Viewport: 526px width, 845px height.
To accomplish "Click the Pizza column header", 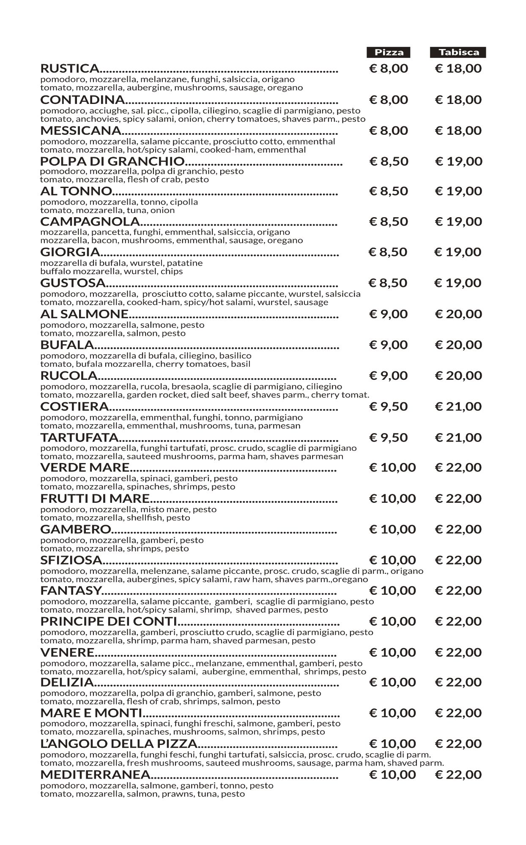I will click(389, 52).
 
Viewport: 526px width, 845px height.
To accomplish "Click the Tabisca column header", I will click(458, 52).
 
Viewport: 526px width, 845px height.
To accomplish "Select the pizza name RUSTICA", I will click(70, 68).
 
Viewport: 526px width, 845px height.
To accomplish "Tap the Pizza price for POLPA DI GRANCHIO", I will click(389, 161).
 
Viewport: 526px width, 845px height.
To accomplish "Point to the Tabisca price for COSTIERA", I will click(458, 406).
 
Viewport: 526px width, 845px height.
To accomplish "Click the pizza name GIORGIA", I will click(70, 252).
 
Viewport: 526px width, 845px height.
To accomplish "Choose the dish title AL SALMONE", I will click(84, 314).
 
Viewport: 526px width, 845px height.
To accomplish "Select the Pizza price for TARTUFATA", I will click(389, 437).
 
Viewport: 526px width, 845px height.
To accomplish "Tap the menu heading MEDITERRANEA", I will click(96, 774).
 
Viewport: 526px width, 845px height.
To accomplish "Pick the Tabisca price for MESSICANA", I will click(458, 131).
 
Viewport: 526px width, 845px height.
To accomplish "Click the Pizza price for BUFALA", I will click(389, 345).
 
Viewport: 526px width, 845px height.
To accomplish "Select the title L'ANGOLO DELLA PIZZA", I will click(119, 744).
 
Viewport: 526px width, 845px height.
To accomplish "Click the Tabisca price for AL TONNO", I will click(458, 191).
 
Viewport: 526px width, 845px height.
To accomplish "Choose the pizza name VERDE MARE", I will click(85, 467).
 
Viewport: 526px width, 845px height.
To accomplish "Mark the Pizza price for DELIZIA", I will click(392, 682).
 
